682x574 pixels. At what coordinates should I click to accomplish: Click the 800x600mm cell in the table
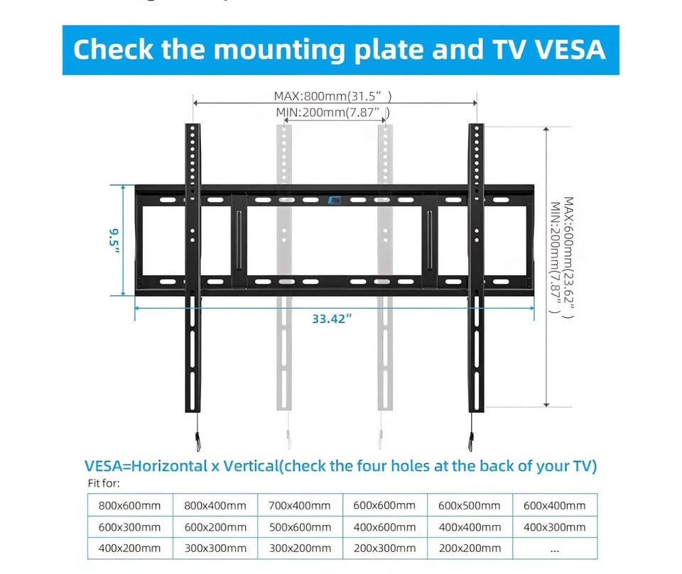tap(131, 506)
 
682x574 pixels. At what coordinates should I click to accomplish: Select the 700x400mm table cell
tap(299, 506)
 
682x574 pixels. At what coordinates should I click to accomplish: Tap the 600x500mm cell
tap(469, 506)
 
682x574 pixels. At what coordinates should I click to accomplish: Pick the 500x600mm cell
tap(299, 527)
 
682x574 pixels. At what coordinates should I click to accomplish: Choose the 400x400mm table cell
tap(469, 527)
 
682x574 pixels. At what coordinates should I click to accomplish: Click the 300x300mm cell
tap(215, 548)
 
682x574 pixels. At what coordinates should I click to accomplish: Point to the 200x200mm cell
tap(469, 548)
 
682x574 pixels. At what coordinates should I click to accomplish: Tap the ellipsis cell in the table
tap(554, 548)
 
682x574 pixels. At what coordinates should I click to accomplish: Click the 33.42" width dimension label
tap(332, 319)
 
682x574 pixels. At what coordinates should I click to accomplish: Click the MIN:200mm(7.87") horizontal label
tap(332, 112)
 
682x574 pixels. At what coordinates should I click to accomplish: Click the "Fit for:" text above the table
tap(104, 484)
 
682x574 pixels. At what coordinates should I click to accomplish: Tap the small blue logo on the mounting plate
tap(335, 201)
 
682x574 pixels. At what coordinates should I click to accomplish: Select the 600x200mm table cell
tap(215, 527)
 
